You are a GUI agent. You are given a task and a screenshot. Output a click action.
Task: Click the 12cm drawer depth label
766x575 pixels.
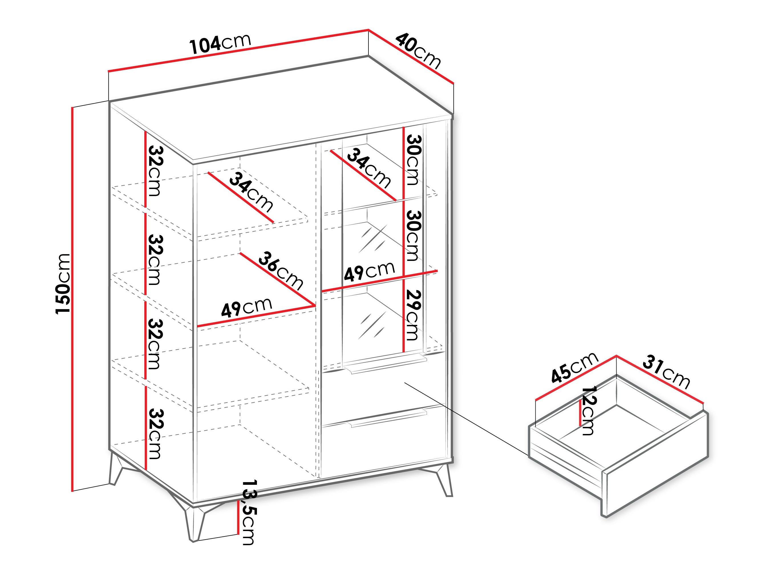[x=588, y=411]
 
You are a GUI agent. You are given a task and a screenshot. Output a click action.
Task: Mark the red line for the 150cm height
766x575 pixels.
[x=72, y=298]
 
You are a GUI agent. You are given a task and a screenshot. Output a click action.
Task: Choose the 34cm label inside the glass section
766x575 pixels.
[x=368, y=168]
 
